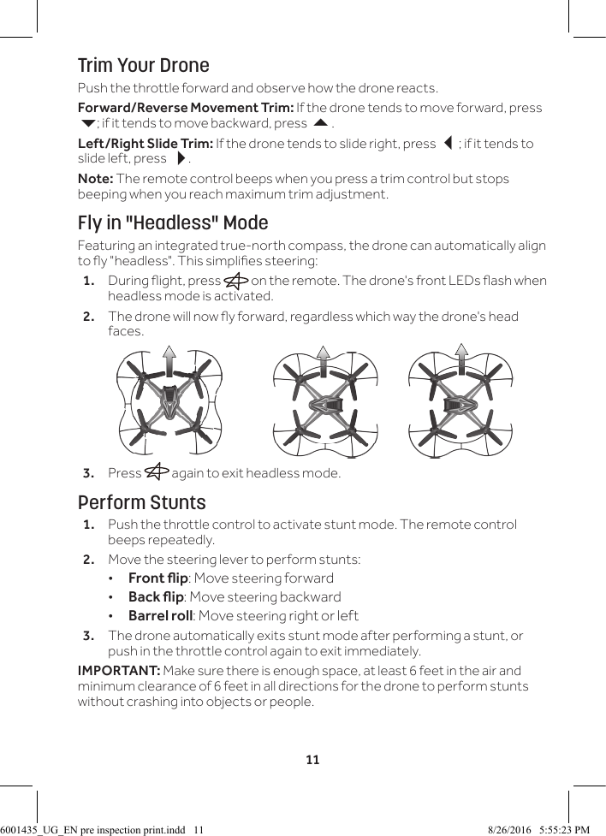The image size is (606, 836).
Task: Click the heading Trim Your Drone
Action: coord(143,66)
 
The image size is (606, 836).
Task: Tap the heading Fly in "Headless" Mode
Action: coord(173,223)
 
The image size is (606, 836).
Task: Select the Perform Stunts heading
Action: coord(142,502)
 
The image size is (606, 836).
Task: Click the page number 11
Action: coord(313,759)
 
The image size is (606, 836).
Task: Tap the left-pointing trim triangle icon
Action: coord(446,143)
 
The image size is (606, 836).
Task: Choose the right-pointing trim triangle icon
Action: coord(180,159)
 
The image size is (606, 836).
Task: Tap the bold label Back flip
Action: coord(156,596)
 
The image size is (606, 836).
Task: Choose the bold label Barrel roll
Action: coord(160,615)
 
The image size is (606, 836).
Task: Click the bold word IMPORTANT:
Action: coord(118,671)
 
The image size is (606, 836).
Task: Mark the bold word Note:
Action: coord(95,179)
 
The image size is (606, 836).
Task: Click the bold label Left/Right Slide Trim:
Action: coord(145,143)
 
